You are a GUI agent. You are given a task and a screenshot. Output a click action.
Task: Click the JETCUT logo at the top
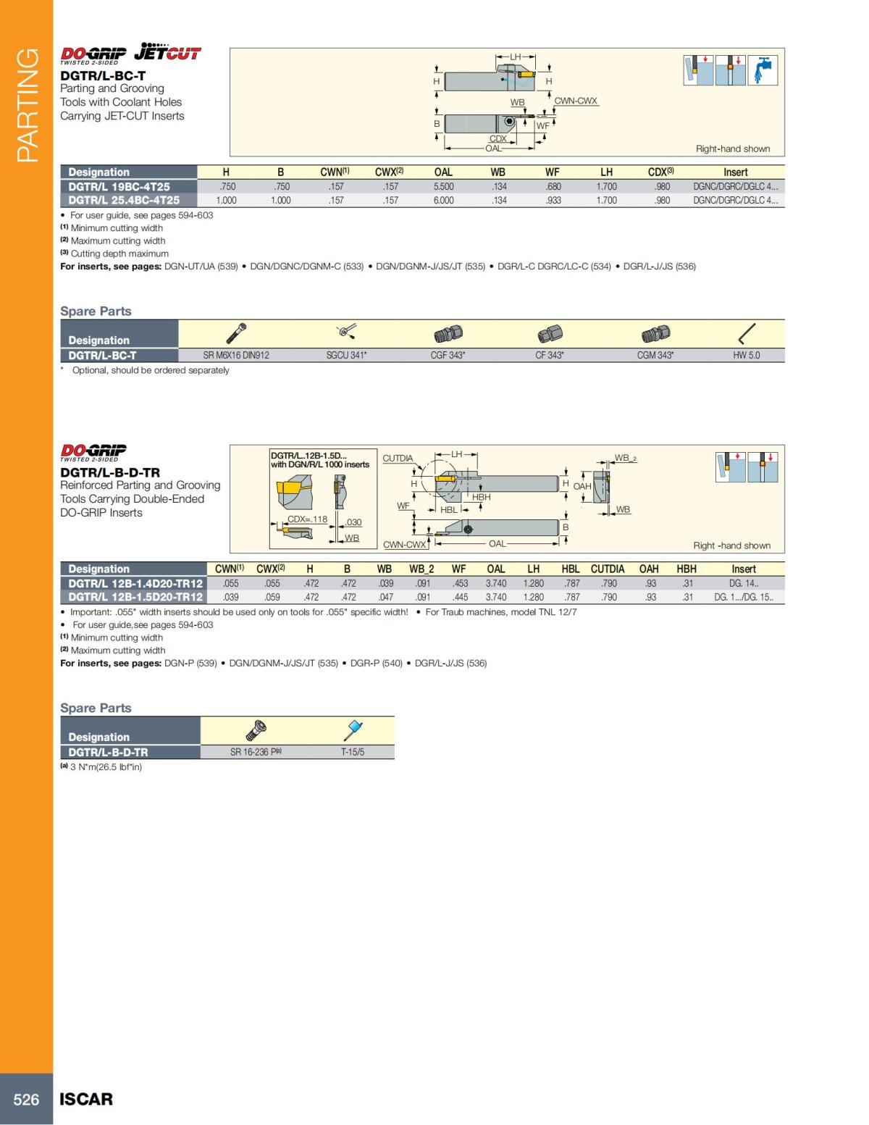(167, 51)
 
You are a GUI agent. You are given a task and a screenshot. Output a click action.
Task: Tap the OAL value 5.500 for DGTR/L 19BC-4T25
(443, 186)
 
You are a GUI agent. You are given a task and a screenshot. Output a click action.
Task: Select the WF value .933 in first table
(553, 200)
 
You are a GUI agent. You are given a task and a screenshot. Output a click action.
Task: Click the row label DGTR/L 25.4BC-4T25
(124, 200)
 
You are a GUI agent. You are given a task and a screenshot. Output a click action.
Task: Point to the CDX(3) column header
(660, 172)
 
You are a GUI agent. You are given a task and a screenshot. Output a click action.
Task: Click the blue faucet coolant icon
(763, 70)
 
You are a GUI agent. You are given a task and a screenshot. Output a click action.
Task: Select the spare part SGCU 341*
(346, 355)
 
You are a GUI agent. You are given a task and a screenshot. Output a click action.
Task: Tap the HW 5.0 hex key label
(746, 355)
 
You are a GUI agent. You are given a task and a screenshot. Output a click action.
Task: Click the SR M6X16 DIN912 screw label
(236, 355)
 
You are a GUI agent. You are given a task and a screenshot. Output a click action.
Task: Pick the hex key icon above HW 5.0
(747, 334)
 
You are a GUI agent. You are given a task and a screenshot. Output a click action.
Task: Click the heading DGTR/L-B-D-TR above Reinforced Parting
(110, 472)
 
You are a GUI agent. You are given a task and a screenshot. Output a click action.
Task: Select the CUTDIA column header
(607, 569)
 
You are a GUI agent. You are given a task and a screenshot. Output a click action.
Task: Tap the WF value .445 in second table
(460, 597)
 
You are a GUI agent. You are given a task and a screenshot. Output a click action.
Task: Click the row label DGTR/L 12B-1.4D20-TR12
(135, 583)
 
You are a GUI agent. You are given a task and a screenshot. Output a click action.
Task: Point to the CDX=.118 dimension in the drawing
(307, 519)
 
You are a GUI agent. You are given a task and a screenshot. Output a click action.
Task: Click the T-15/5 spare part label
(353, 752)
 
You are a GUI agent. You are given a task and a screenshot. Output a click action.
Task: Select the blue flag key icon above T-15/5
(353, 729)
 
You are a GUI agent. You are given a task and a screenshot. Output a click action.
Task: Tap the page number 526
(26, 1099)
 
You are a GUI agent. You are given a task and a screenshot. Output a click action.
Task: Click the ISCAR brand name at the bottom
(86, 1099)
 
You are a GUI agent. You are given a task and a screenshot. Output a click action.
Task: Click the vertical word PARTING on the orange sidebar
(27, 105)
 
